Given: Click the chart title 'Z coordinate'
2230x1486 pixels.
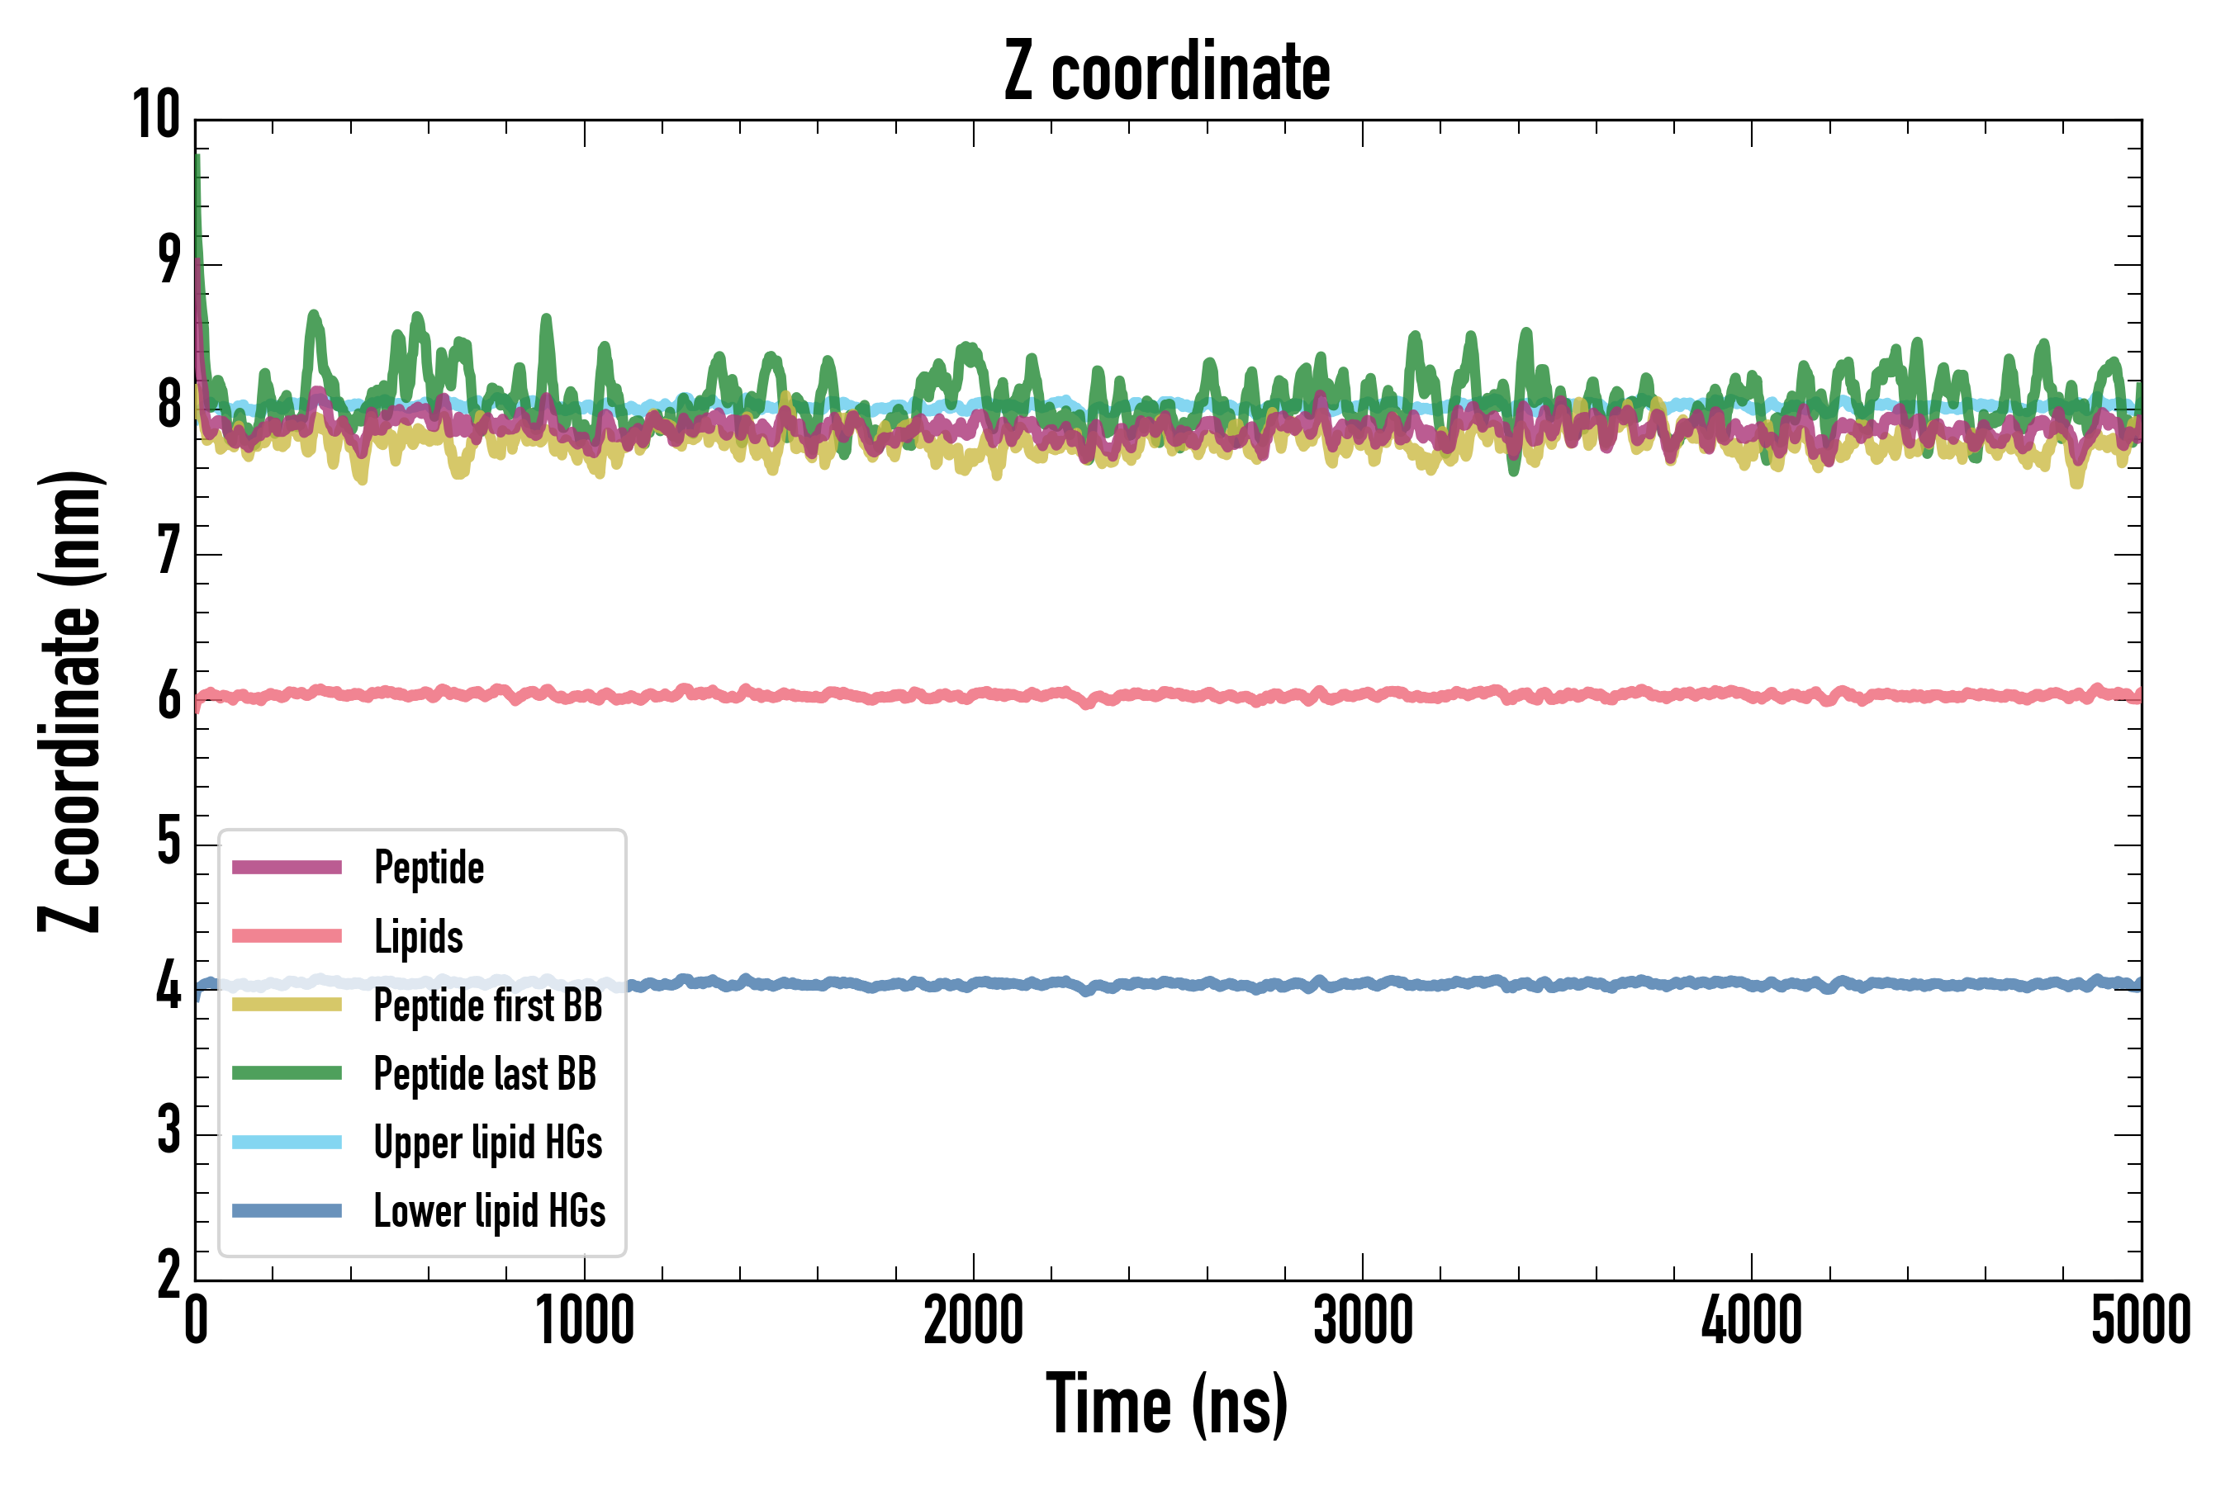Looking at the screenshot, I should point(1167,72).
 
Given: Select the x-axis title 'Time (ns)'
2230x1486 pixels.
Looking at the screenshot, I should point(1167,1404).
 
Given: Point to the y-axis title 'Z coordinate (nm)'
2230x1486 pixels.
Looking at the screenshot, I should point(70,701).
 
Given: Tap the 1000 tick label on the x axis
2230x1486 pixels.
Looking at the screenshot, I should point(584,1321).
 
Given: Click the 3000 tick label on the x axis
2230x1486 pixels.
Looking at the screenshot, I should point(1363,1321).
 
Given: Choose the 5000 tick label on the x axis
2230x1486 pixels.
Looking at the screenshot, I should point(2140,1321).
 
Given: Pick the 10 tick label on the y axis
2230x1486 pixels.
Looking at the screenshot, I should point(155,116).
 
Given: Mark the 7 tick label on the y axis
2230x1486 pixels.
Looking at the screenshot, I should point(168,551).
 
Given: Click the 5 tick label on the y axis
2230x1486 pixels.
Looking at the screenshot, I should point(168,841).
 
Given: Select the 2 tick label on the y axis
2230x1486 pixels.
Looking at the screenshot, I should point(168,1275).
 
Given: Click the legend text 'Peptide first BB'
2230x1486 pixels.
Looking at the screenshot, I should point(488,1006).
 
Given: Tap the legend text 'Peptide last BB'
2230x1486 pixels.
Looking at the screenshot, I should point(485,1074).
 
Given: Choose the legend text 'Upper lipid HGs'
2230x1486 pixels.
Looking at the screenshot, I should point(487,1142).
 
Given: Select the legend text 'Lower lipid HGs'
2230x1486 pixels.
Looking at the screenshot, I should point(489,1211).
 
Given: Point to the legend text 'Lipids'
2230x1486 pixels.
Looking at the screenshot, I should point(418,936).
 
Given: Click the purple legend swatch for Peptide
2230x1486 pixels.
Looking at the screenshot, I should point(287,867).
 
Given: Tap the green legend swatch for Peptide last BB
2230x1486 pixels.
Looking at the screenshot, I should point(287,1072).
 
